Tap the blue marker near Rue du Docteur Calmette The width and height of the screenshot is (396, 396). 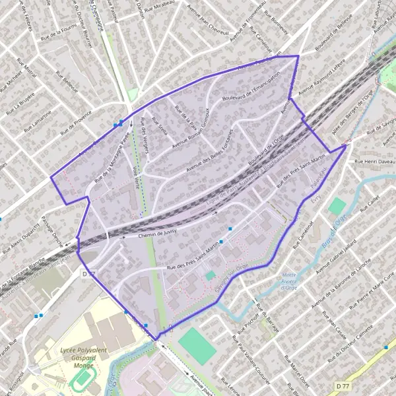386,346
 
